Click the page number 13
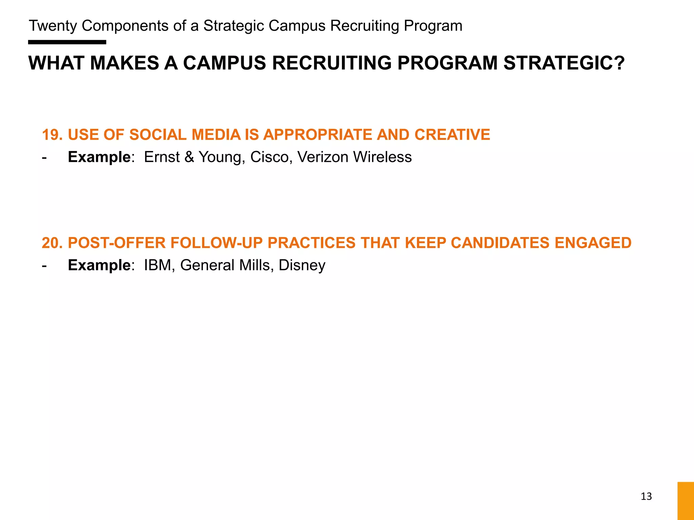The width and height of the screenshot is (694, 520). pos(646,496)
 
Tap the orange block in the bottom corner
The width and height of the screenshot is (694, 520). pos(686,501)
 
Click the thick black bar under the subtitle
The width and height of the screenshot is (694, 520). pos(67,42)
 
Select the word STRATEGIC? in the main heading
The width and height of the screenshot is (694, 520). pos(564,63)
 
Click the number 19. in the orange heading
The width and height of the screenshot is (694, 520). pos(52,135)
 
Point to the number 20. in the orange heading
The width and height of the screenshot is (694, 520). pos(52,243)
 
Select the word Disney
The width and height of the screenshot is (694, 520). pos(302,265)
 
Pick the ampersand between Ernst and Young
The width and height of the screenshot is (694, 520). pos(189,157)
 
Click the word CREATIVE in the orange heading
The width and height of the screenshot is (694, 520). pos(452,135)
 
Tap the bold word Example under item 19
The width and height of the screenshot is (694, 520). pos(99,157)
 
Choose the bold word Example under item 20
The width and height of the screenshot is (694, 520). pos(99,265)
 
